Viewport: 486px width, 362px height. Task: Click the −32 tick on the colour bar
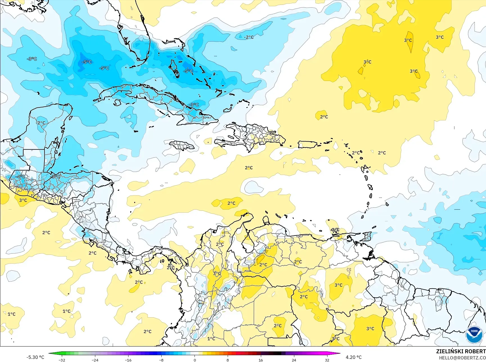[x=62, y=360]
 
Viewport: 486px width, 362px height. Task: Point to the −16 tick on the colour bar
[x=128, y=360]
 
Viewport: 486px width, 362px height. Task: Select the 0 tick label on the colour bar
[x=195, y=360]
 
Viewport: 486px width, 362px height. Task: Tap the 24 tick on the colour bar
[x=294, y=360]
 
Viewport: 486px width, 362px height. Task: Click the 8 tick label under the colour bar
[x=228, y=360]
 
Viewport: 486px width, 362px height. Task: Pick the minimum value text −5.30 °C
[x=35, y=357]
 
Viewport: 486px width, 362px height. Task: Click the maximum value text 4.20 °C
[x=354, y=357]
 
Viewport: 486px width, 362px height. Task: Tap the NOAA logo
[x=474, y=335]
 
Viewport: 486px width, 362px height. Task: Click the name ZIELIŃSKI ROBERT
[x=461, y=351]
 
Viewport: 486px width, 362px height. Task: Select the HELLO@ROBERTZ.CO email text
[x=462, y=357]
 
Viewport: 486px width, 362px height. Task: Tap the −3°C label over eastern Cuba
[x=194, y=105]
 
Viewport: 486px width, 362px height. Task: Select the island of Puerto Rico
[x=307, y=145]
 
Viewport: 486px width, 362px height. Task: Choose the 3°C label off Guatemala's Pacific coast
[x=23, y=200]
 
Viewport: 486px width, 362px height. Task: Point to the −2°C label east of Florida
[x=248, y=37]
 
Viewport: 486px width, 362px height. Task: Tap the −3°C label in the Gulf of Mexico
[x=32, y=59]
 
